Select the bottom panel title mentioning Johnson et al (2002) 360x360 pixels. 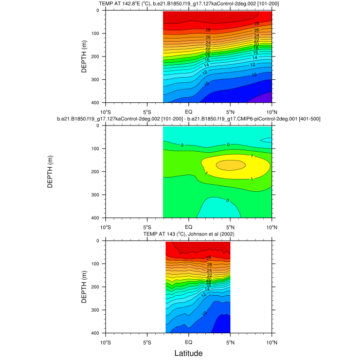pos(188,235)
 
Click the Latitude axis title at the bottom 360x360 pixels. pos(188,353)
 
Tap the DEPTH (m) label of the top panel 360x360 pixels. pos(84,57)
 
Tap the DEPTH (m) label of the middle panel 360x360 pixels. pos(50,172)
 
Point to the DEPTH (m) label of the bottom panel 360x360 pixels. pos(84,286)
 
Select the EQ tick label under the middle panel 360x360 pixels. pos(188,226)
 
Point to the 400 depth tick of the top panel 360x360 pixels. pos(96,103)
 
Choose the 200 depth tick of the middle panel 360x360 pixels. pos(96,172)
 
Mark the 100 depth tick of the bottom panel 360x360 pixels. pos(96,264)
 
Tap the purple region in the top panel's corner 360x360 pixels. pos(265,98)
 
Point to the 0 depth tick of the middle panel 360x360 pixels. pos(98,126)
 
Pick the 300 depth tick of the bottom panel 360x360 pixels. pos(96,310)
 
